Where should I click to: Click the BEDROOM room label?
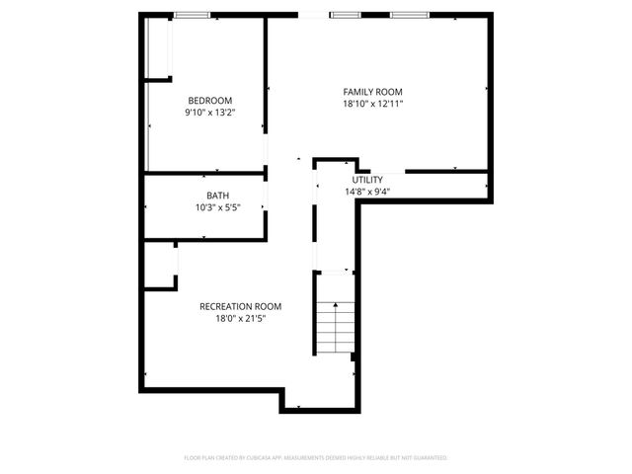pyautogui.click(x=209, y=101)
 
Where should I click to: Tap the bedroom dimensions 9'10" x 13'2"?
pyautogui.click(x=209, y=113)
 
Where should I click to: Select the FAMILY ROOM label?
pyautogui.click(x=373, y=92)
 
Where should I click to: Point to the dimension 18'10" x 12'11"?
pyautogui.click(x=373, y=104)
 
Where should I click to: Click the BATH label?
pyautogui.click(x=218, y=196)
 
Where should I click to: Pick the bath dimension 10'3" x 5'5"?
pyautogui.click(x=218, y=207)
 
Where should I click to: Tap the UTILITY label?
pyautogui.click(x=367, y=180)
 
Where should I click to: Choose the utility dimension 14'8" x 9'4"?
pyautogui.click(x=367, y=192)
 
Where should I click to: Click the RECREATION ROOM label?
pyautogui.click(x=240, y=306)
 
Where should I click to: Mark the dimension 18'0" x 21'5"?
pyautogui.click(x=240, y=318)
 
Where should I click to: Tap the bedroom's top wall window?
pyautogui.click(x=193, y=15)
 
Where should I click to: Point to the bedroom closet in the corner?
pyautogui.click(x=158, y=46)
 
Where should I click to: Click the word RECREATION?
pyautogui.click(x=226, y=306)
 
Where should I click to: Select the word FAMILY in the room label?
pyautogui.click(x=358, y=92)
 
